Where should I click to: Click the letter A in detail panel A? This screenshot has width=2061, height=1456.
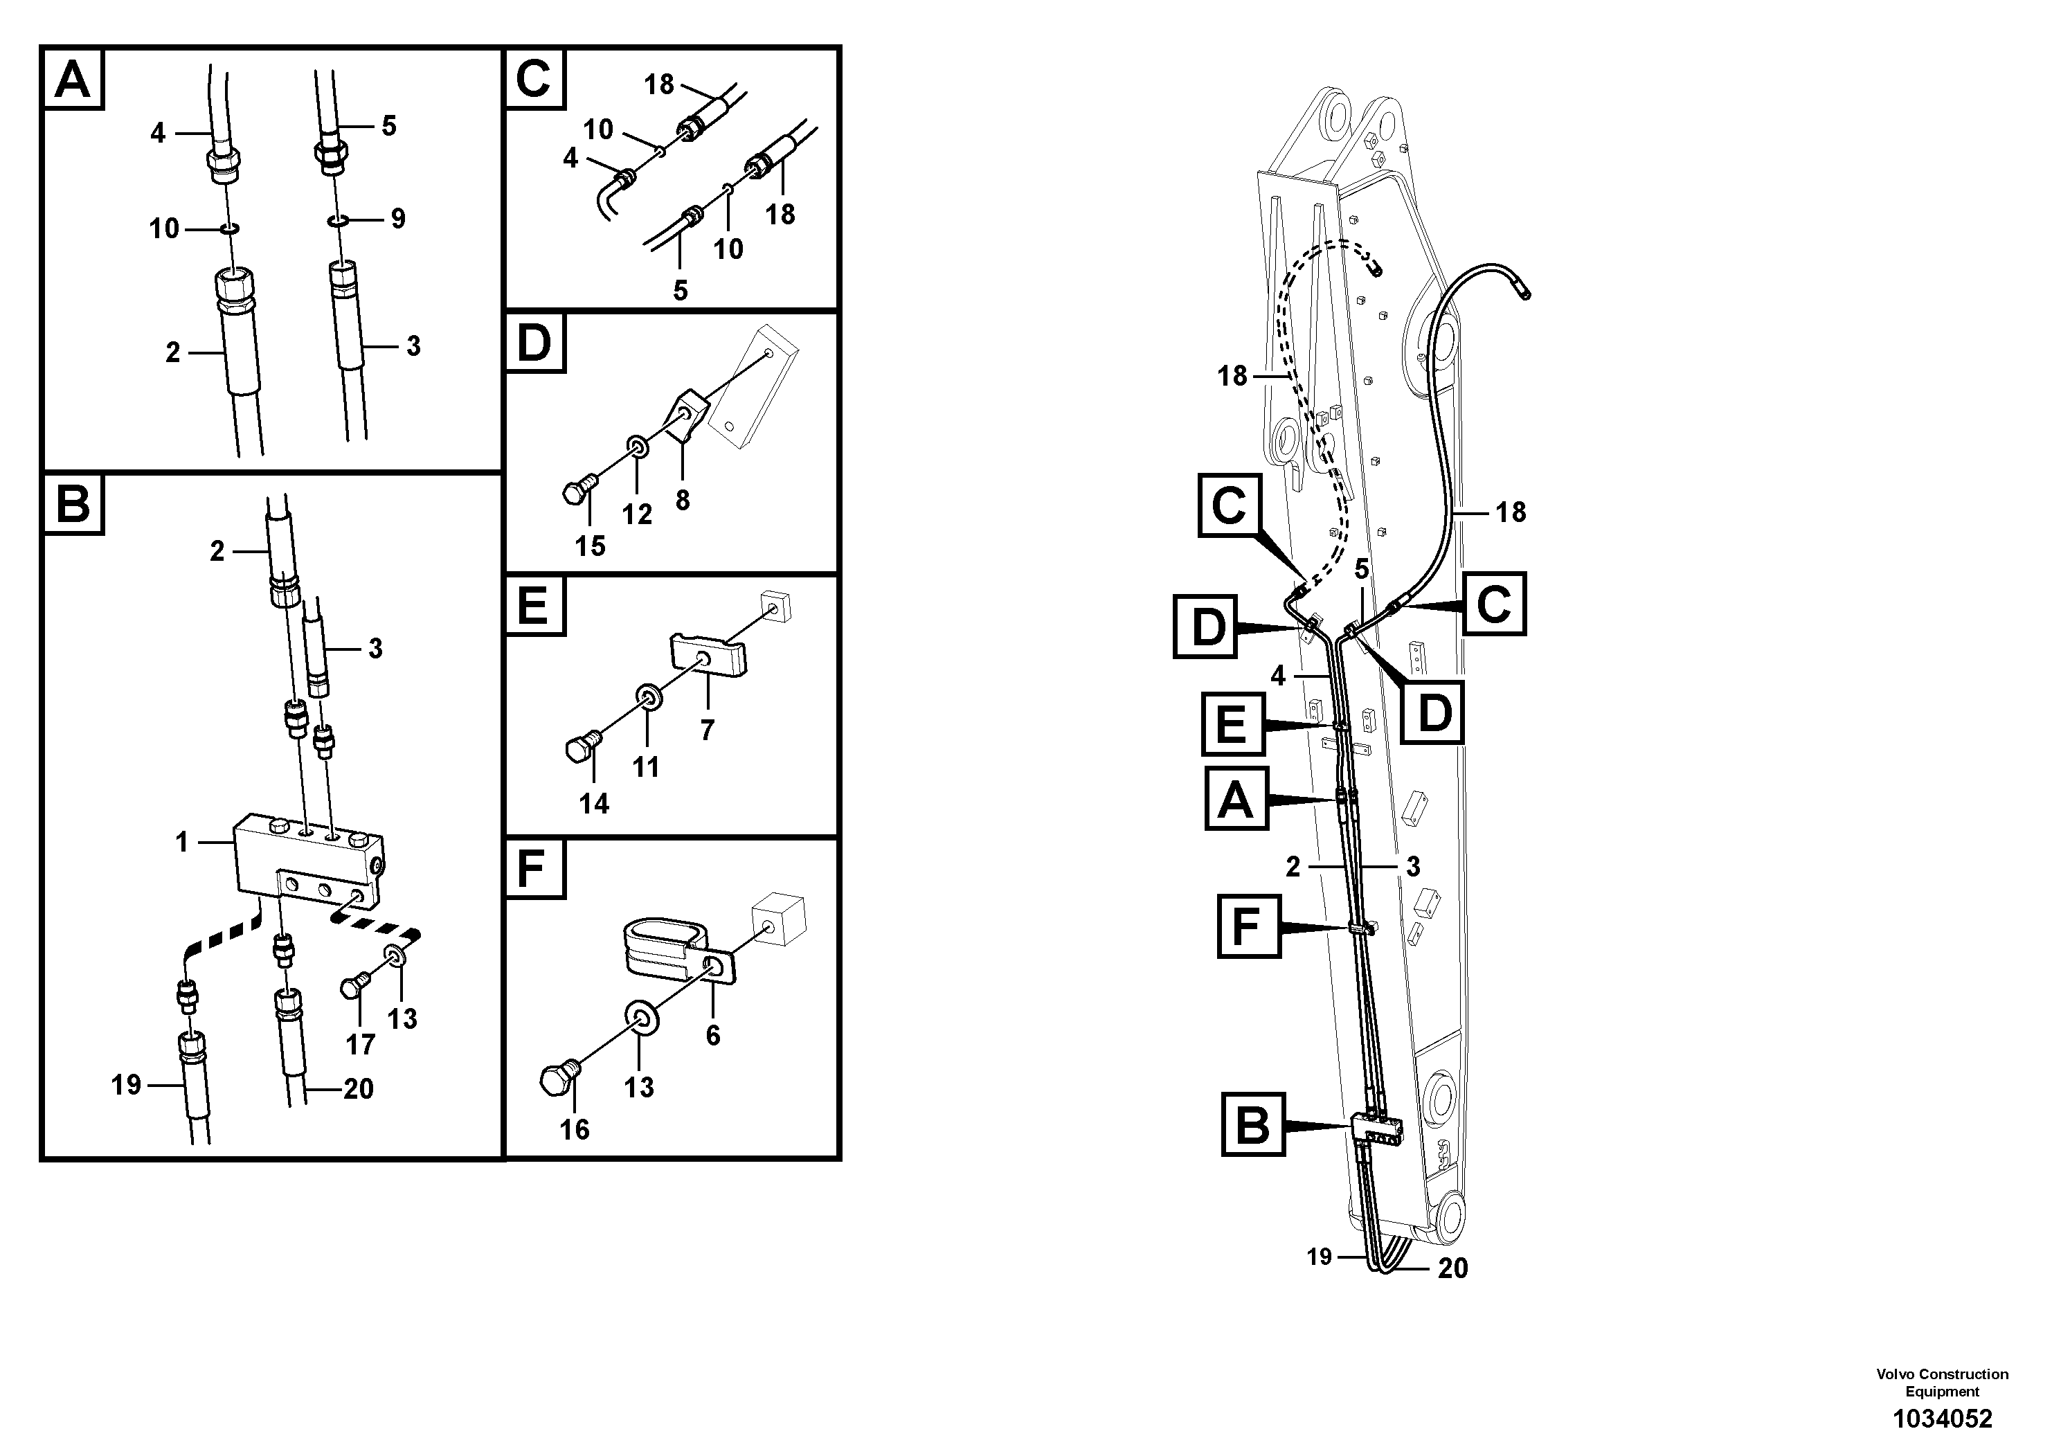click(x=73, y=79)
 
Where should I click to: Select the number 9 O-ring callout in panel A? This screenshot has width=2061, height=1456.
click(x=397, y=218)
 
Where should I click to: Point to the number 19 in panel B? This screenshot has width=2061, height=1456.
click(x=127, y=1086)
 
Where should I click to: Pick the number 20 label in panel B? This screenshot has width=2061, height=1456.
click(x=358, y=1089)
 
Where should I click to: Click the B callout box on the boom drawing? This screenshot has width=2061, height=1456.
click(x=1253, y=1124)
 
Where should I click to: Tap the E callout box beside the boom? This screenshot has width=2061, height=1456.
click(x=1232, y=723)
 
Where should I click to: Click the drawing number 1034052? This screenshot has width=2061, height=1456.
click(x=1943, y=1419)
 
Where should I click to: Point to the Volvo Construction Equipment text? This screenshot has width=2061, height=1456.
click(x=1943, y=1383)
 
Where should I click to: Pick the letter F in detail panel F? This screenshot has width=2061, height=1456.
click(x=533, y=868)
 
